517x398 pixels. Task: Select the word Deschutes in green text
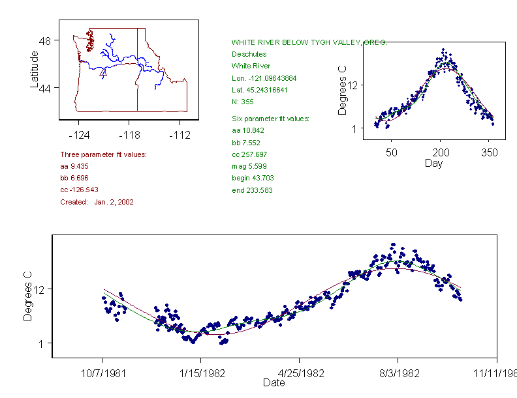(249, 54)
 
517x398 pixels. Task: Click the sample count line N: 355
(243, 102)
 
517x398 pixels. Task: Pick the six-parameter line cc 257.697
(245, 154)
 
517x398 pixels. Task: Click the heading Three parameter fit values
(103, 154)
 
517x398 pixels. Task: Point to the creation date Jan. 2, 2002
(114, 202)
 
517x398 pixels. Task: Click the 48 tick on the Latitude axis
(45, 40)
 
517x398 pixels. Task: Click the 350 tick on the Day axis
(489, 152)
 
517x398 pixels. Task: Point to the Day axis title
(433, 163)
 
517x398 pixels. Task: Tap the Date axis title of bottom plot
(274, 383)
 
